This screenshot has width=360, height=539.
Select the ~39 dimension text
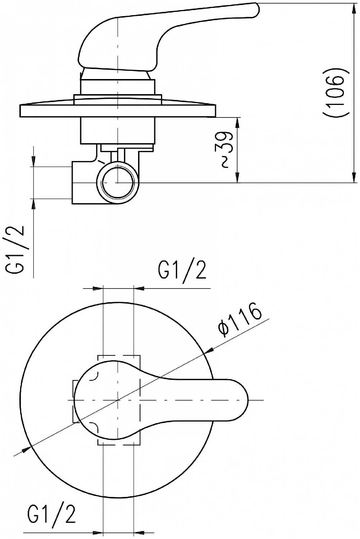(227, 150)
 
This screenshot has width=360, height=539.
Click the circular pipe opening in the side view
(118, 183)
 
